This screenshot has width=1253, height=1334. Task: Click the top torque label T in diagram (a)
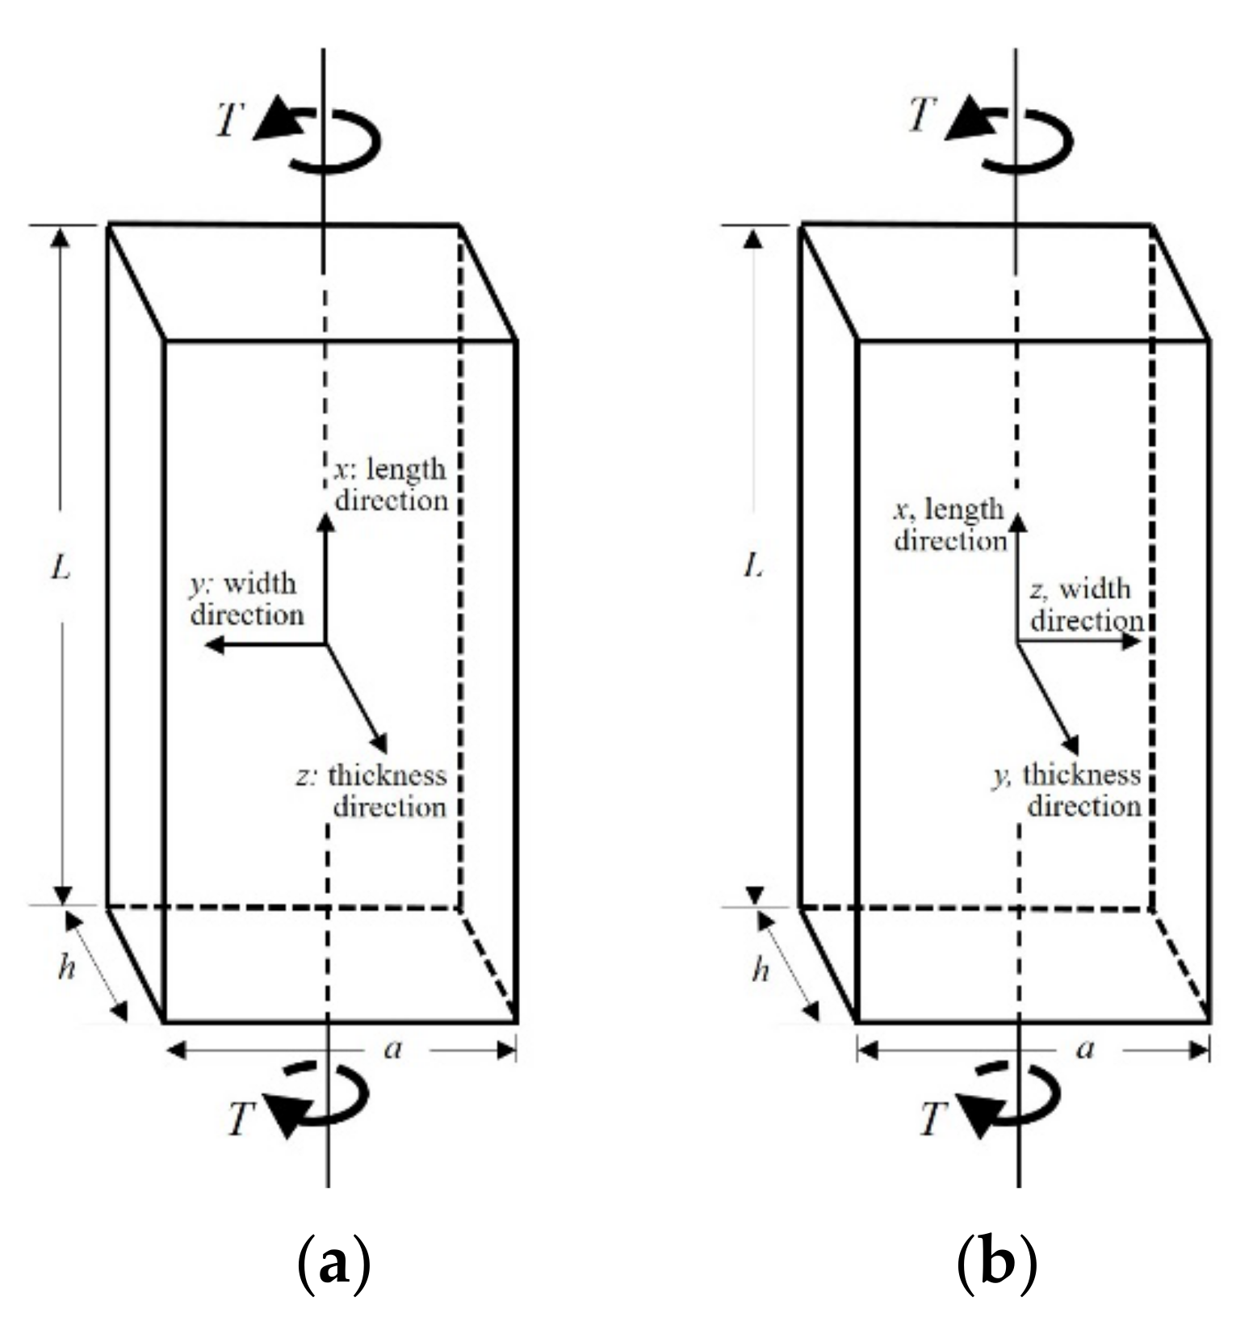click(230, 119)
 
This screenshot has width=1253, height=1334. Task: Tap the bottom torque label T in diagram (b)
click(933, 1119)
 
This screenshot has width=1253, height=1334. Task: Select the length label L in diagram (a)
click(61, 568)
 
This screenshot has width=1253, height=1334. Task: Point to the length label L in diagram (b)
click(753, 567)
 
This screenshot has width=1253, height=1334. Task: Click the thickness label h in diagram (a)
click(66, 967)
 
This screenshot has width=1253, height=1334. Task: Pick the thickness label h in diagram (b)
click(760, 969)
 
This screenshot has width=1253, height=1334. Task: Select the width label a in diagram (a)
click(393, 1049)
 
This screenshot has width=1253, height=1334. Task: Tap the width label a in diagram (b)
click(1086, 1049)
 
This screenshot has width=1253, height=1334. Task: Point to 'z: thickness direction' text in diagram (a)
click(372, 791)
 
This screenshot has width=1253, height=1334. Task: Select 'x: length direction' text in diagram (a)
click(391, 485)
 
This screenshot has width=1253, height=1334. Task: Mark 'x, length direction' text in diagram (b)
click(949, 524)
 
